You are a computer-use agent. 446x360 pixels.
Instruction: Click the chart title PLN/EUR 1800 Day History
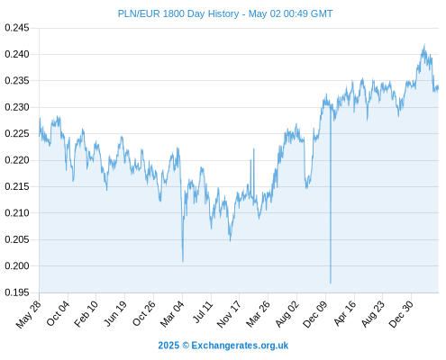pos(178,13)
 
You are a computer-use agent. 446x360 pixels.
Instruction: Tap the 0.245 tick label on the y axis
pos(17,28)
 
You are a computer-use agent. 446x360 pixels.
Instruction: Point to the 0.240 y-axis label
pos(17,54)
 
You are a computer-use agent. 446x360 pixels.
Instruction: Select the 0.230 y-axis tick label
pos(17,107)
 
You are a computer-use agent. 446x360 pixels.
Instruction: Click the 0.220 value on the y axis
pos(17,160)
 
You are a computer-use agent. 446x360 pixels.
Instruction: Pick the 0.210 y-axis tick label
pos(17,213)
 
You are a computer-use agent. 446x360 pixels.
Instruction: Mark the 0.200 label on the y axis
pos(17,265)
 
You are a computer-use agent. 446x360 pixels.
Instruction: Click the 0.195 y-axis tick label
pos(17,292)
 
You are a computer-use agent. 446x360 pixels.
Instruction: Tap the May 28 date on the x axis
pos(29,314)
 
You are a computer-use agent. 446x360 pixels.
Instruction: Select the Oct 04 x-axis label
pos(58,313)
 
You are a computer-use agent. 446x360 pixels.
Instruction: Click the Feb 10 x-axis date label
pos(86,314)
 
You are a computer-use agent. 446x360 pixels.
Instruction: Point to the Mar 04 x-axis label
pos(172,314)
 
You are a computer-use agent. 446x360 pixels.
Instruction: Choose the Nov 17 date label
pos(229,314)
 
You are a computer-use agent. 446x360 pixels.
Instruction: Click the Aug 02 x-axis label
pos(287,314)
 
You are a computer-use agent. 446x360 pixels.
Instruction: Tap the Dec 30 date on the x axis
pos(401,314)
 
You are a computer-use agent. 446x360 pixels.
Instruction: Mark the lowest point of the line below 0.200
pos(331,283)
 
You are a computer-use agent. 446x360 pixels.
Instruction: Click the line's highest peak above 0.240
pos(424,44)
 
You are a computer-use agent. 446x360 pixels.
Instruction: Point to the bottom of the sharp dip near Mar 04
pos(183,261)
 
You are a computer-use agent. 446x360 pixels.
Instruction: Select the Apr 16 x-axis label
pos(345,313)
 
